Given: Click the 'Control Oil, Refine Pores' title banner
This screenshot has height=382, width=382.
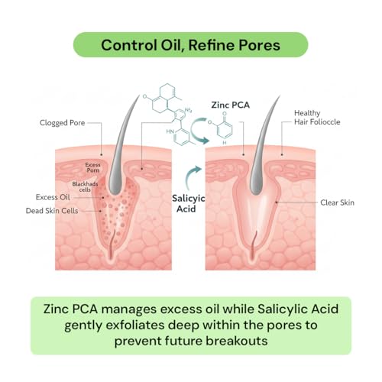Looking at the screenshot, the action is click(x=191, y=45).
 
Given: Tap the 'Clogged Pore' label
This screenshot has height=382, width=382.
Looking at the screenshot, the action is click(x=62, y=123).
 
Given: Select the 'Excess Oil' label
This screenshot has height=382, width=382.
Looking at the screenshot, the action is click(x=53, y=197).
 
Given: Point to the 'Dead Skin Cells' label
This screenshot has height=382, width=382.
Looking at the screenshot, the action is click(x=52, y=211).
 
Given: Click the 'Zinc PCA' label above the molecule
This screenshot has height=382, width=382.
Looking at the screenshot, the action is click(x=231, y=105).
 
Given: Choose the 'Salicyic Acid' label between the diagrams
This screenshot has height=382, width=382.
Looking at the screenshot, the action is click(x=188, y=203).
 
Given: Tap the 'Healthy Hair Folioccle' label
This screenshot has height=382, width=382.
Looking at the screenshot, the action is click(x=317, y=118).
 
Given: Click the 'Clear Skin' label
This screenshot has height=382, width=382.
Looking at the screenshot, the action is click(x=337, y=202).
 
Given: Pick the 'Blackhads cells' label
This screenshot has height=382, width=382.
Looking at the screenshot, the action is click(x=85, y=186).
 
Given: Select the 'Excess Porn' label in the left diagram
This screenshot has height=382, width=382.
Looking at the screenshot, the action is click(x=92, y=167).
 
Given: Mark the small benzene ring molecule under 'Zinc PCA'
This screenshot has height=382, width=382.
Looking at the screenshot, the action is click(x=222, y=128).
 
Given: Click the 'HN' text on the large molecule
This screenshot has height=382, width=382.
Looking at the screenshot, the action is click(x=170, y=131).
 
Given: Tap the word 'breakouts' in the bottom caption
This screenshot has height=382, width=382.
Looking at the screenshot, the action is click(x=237, y=341).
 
